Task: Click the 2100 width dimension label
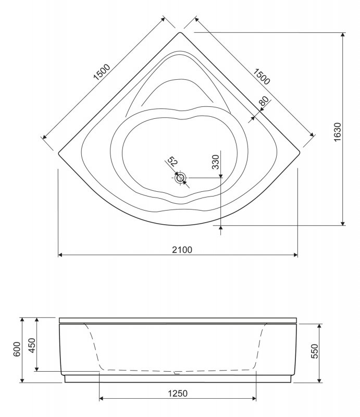(x=182, y=250)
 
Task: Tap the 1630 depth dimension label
(x=337, y=132)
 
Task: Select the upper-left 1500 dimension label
(x=102, y=72)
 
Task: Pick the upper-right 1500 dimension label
(x=262, y=77)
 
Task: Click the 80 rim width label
(x=264, y=101)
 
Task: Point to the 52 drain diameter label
(x=172, y=162)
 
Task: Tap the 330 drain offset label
(x=215, y=162)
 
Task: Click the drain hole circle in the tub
(x=181, y=178)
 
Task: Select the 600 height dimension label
(x=17, y=349)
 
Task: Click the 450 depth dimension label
(x=32, y=345)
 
